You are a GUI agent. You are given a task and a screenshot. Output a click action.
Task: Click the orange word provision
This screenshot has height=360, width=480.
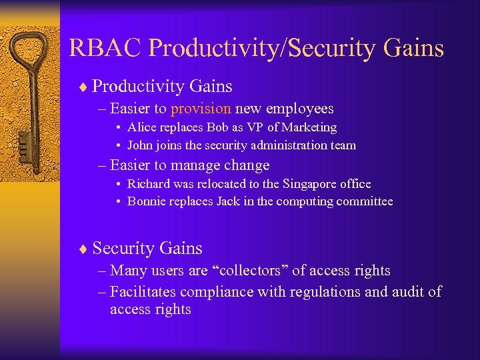pos(201,108)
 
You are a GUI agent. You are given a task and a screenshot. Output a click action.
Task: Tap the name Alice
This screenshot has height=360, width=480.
pos(141,127)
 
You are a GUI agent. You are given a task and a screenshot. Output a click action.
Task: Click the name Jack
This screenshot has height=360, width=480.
pos(227,201)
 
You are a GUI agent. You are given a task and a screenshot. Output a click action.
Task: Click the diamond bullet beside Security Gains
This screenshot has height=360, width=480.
pos(81,249)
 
